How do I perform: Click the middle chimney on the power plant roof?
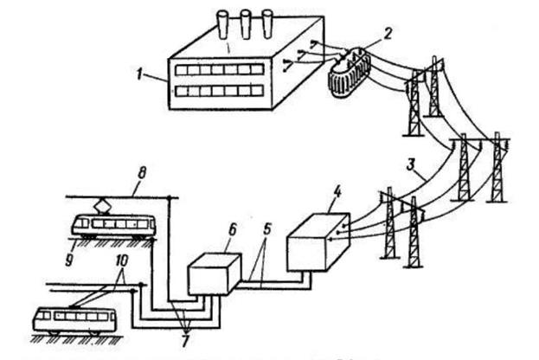(x=246, y=21)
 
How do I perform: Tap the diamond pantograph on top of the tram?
(x=106, y=205)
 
